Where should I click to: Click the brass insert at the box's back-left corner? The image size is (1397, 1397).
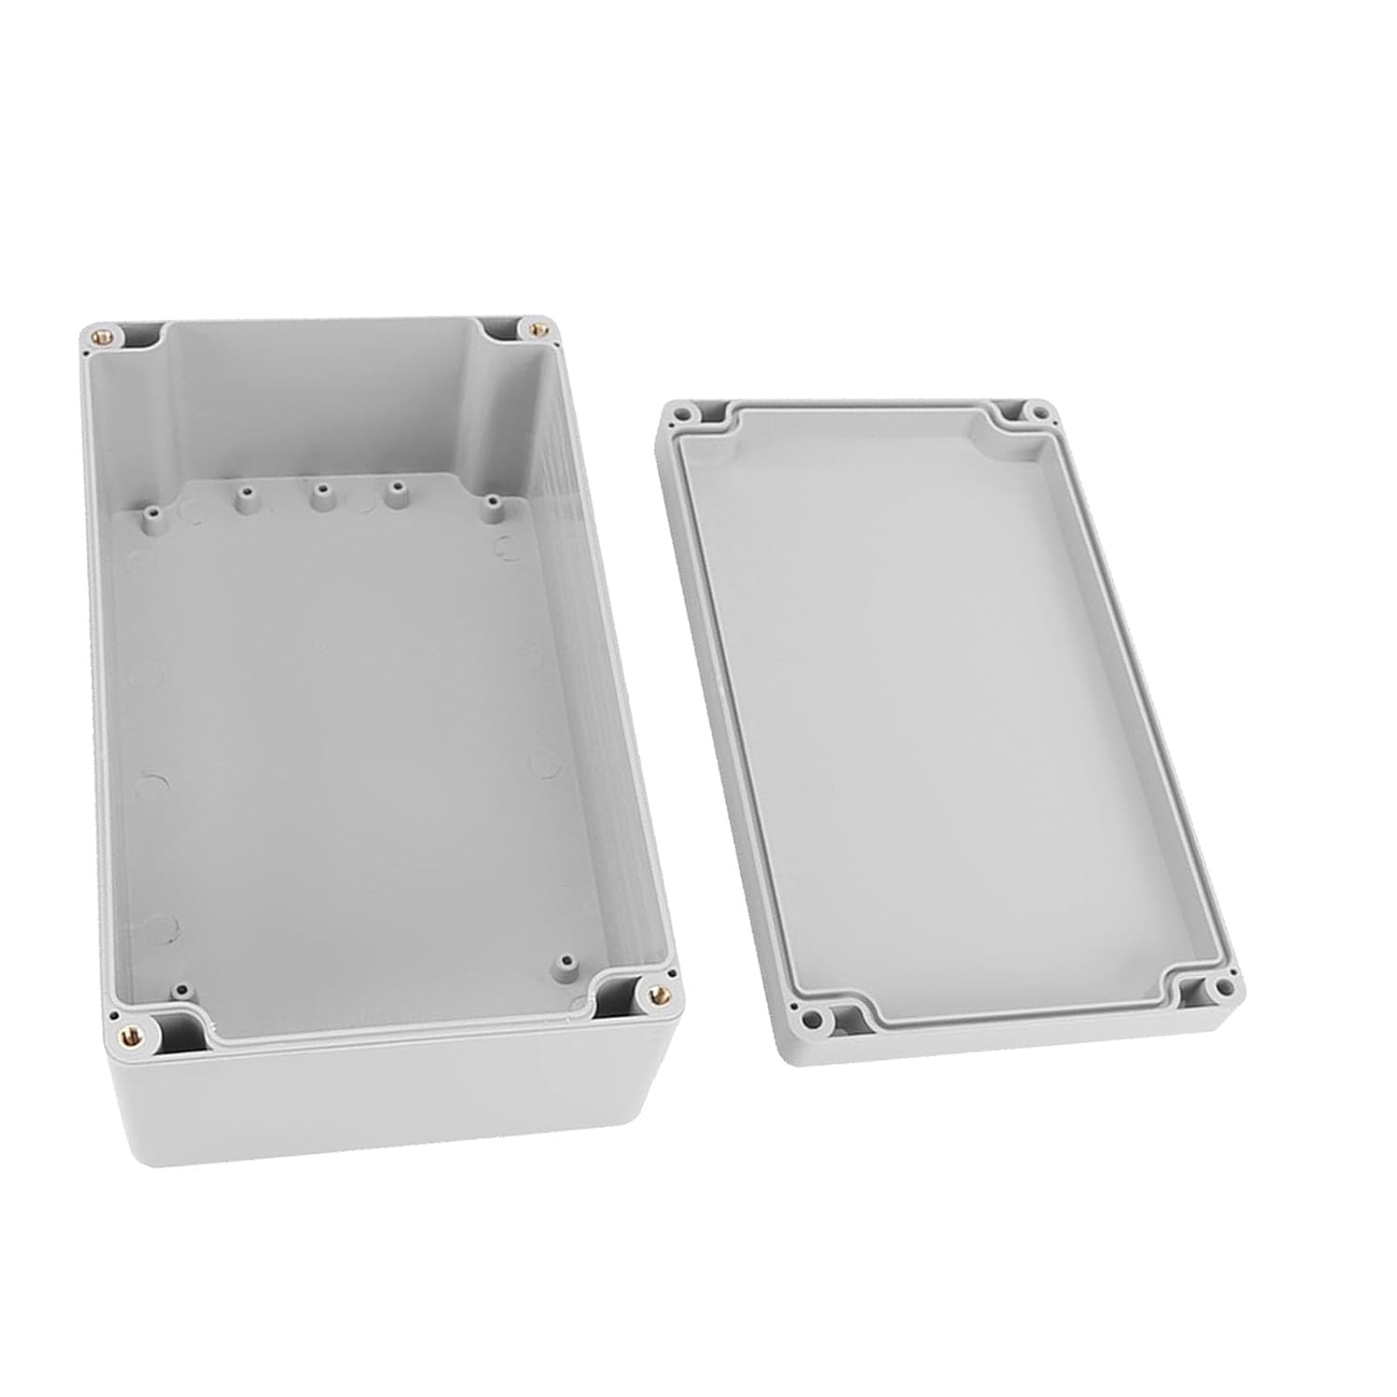101,332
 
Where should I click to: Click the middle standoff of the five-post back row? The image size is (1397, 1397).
320,491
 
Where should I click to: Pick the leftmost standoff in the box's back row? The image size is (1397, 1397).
149,511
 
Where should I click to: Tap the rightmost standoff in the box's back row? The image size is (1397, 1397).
492,504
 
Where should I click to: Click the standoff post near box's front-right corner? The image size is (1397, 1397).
563,960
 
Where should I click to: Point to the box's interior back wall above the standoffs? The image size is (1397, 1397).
326,400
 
